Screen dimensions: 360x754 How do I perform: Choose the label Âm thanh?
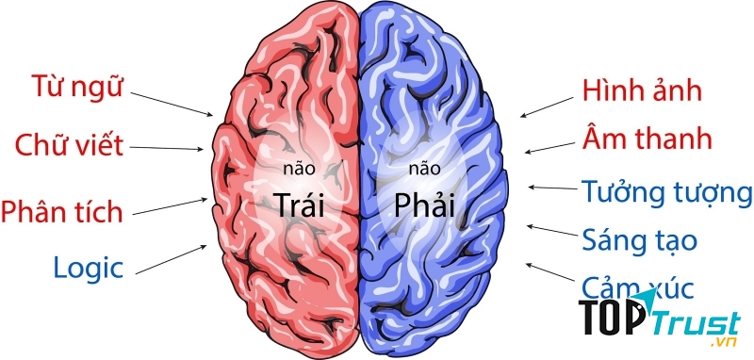tap(647, 141)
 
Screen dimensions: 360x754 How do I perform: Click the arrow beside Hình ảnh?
tap(546, 105)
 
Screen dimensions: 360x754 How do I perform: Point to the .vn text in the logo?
tap(724, 343)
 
